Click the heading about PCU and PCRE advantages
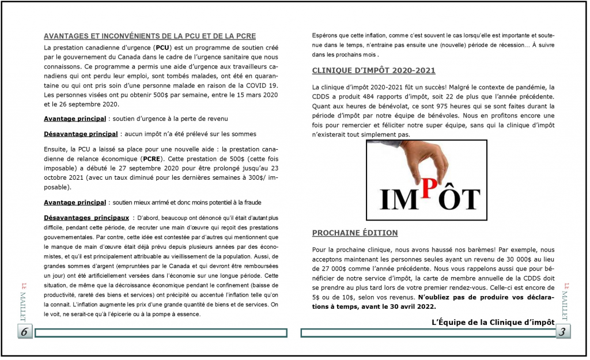[x=150, y=36]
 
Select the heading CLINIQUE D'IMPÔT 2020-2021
[x=373, y=71]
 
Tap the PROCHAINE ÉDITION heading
[x=354, y=233]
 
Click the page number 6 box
[x=25, y=332]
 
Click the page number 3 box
[x=563, y=332]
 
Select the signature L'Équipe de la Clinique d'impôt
[x=493, y=321]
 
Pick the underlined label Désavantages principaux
[x=86, y=218]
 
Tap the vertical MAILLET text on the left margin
[x=24, y=302]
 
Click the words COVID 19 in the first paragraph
[x=261, y=85]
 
